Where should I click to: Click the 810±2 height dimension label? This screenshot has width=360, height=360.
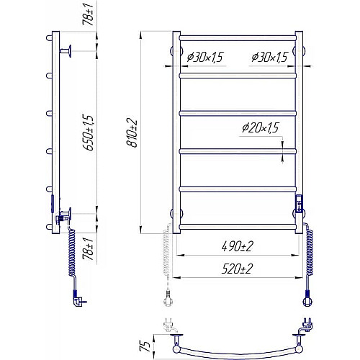tap(132, 132)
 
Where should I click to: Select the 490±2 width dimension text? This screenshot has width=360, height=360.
tap(238, 246)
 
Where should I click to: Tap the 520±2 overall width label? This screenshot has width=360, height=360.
tap(237, 269)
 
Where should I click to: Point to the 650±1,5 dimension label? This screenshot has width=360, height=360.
tap(89, 132)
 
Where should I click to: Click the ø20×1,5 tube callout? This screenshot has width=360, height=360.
tap(261, 127)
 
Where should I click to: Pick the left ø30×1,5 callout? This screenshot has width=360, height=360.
tap(204, 57)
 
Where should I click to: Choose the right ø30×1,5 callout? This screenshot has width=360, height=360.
tap(269, 57)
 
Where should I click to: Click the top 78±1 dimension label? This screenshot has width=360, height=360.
tap(89, 15)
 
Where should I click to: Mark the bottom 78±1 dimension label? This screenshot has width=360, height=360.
tap(89, 248)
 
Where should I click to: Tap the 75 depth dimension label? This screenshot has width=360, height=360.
tap(145, 346)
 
